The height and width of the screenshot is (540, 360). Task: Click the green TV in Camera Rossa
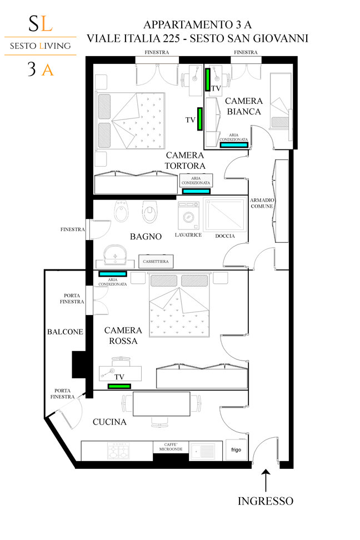119,386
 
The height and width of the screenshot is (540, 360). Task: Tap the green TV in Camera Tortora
199,119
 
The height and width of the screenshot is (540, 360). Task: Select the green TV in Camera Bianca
208,79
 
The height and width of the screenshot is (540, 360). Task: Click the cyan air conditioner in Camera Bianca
234,144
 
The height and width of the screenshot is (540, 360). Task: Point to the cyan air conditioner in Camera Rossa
113,274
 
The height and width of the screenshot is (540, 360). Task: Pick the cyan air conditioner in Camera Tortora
196,191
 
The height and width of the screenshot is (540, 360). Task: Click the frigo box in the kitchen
236,450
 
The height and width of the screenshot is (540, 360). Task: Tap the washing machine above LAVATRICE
188,216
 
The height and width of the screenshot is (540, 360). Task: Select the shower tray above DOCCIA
225,214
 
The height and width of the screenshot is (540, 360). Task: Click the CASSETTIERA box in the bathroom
156,262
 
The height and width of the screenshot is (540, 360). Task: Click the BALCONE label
65,332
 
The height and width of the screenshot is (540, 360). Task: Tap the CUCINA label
109,422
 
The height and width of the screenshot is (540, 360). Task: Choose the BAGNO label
146,237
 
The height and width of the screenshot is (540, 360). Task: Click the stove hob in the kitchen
117,451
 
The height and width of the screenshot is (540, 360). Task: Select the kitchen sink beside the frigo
206,451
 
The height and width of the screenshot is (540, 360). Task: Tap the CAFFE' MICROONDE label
171,447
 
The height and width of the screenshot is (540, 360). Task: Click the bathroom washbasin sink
115,255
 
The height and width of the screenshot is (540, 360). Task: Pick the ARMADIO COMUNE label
262,203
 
